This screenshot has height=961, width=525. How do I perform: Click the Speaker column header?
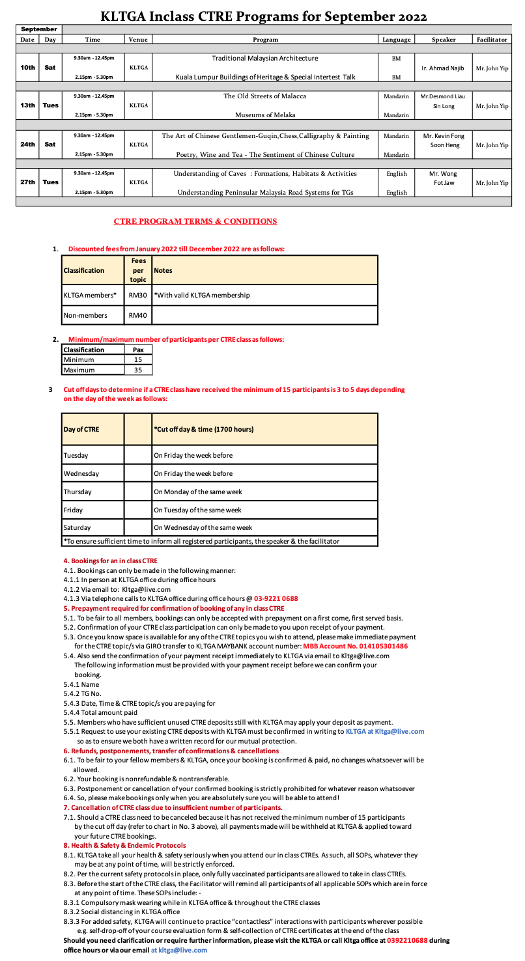pyautogui.click(x=443, y=40)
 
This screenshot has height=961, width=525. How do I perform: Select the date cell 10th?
pyautogui.click(x=27, y=67)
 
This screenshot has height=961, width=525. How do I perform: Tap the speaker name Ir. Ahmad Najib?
pyautogui.click(x=443, y=68)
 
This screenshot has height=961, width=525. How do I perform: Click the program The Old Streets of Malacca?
pyautogui.click(x=265, y=96)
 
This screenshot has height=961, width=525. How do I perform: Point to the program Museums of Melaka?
pyautogui.click(x=265, y=115)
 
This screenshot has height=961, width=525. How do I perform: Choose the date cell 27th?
pyautogui.click(x=27, y=182)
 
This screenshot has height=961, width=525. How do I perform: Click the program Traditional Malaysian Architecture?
pyautogui.click(x=265, y=58)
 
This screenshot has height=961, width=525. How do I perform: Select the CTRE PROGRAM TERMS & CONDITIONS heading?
pyautogui.click(x=195, y=221)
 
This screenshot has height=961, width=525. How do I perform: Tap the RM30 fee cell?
pyautogui.click(x=138, y=296)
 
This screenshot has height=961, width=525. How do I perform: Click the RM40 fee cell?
pyautogui.click(x=138, y=316)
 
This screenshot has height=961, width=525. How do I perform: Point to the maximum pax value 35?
pyautogui.click(x=138, y=370)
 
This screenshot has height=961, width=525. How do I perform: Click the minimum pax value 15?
pyautogui.click(x=138, y=359)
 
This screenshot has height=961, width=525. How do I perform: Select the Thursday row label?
pyautogui.click(x=78, y=492)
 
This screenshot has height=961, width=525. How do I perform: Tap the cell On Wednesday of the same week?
pyautogui.click(x=203, y=527)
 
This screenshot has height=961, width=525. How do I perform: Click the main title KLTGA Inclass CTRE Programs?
pyautogui.click(x=264, y=16)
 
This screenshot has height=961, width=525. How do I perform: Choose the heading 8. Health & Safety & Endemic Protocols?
pyautogui.click(x=124, y=845)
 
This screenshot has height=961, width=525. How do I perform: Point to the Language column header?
pyautogui.click(x=396, y=40)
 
